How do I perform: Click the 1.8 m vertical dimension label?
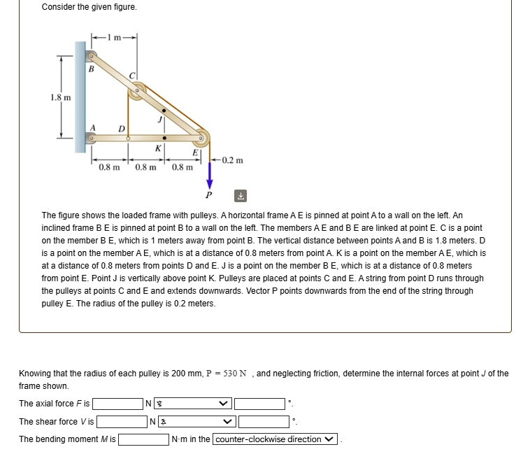click(x=61, y=97)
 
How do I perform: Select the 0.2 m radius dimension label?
click(x=233, y=160)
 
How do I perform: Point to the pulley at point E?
click(x=202, y=137)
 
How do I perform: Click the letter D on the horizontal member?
click(x=121, y=128)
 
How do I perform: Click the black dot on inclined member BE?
click(x=164, y=111)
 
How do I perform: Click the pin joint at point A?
click(x=91, y=139)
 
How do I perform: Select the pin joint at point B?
click(x=91, y=55)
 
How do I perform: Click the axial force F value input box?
click(x=118, y=404)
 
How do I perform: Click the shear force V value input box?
click(x=122, y=422)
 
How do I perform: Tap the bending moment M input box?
click(x=143, y=440)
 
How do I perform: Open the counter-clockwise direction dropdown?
click(x=275, y=440)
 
